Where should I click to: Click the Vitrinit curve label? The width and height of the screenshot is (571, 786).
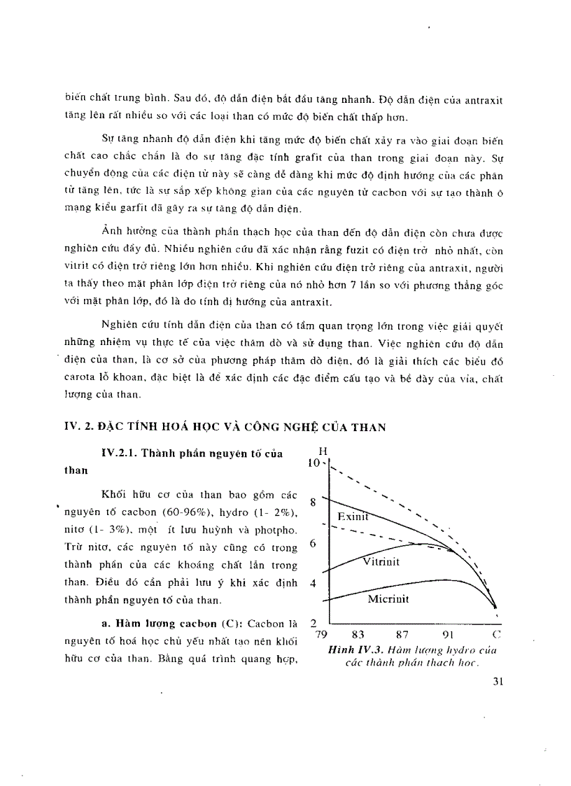[381, 562]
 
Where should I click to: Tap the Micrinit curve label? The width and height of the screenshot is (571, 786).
[388, 599]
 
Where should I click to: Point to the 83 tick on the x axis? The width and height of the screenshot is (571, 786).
[358, 635]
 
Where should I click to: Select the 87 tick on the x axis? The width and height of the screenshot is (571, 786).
[402, 635]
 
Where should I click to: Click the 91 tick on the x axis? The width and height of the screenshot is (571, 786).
[449, 635]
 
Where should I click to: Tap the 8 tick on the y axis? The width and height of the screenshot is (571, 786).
[313, 502]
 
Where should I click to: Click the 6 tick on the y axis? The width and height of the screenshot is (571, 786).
[313, 542]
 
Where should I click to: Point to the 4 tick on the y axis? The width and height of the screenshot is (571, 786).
[313, 583]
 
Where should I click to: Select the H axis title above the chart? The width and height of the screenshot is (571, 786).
[323, 451]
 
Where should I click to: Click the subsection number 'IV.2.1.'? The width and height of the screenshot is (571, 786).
[118, 454]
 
